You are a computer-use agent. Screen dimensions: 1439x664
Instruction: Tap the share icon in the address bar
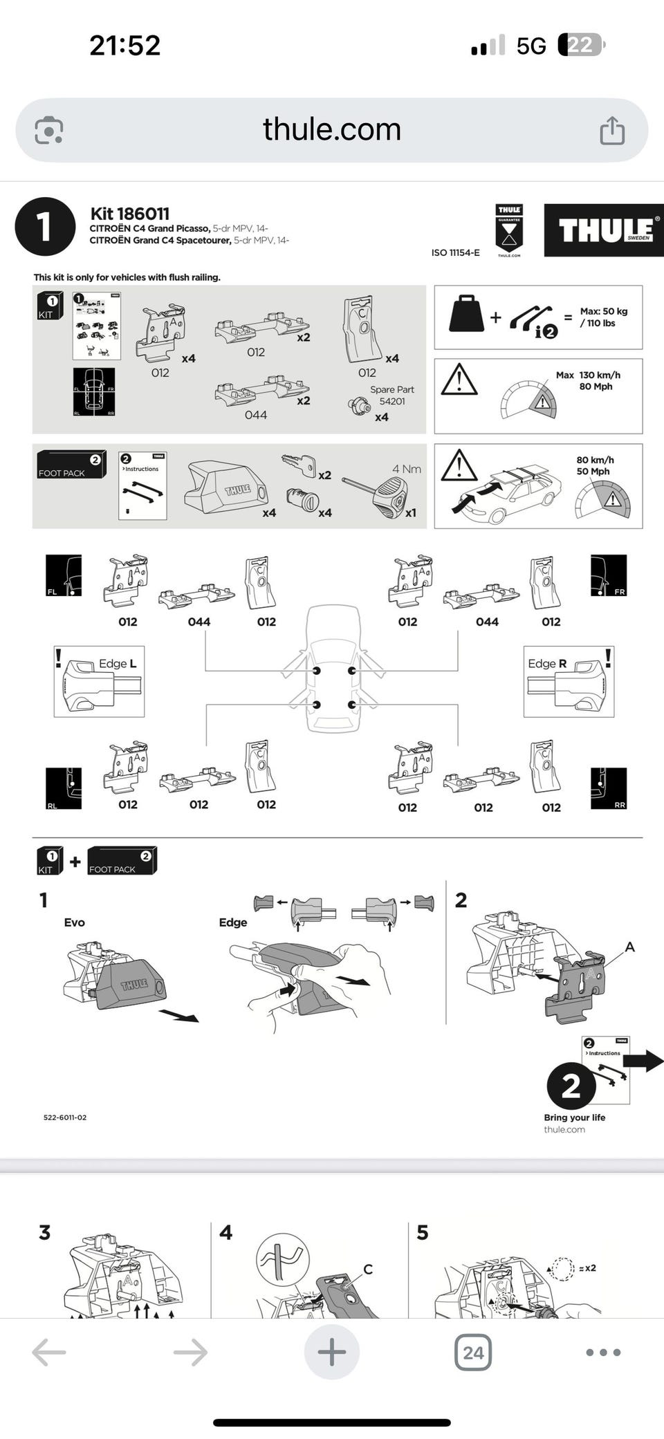[612, 130]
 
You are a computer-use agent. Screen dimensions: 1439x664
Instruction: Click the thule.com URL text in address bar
[332, 129]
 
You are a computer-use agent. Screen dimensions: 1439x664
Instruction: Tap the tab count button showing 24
[473, 1352]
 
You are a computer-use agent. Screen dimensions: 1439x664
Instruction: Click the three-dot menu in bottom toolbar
[603, 1352]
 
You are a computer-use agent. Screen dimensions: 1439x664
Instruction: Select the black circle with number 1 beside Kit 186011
[45, 226]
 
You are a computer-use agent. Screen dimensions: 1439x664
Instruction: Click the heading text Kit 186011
[130, 214]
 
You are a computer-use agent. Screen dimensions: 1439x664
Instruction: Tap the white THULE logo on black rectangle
[604, 230]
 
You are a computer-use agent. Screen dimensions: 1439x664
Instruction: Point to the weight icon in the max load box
[466, 315]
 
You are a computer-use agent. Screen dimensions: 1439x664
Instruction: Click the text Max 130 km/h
[588, 375]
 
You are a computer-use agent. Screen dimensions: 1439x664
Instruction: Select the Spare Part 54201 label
[391, 396]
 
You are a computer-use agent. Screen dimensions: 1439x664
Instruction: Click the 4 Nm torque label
[407, 469]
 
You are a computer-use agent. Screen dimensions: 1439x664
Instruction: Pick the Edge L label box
[99, 681]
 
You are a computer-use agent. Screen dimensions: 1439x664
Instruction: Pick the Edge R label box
[569, 681]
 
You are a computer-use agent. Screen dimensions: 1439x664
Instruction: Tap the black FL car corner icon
[64, 575]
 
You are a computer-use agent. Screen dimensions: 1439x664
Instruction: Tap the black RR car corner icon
[609, 788]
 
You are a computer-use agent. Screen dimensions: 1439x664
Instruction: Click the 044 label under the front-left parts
[199, 622]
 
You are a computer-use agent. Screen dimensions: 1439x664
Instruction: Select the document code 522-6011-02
[65, 1117]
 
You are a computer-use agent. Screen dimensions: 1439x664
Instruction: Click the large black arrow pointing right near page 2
[648, 1060]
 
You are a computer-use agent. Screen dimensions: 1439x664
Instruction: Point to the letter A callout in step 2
[629, 947]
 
